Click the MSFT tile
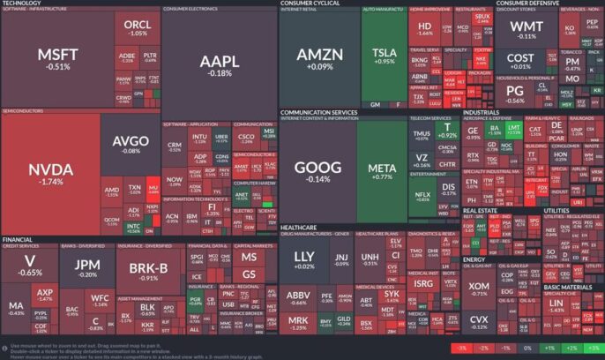click(58, 58)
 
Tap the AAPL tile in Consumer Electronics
click(220, 66)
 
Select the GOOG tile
click(313, 171)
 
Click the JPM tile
click(86, 267)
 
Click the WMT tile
click(527, 31)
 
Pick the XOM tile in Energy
click(479, 289)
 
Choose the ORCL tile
click(137, 27)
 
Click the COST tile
click(520, 62)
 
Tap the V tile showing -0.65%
click(29, 265)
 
